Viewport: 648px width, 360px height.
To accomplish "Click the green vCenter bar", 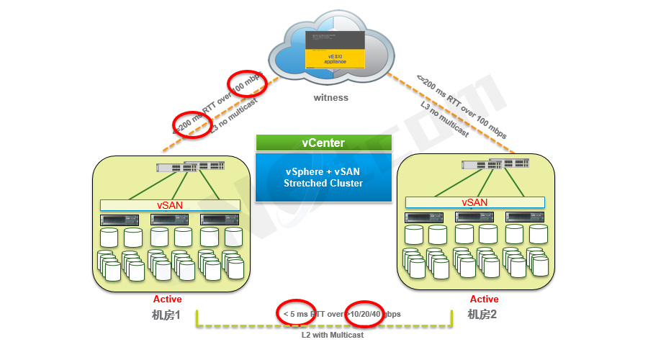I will point(323,143).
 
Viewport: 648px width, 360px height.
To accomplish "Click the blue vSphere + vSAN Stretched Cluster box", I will point(323,177).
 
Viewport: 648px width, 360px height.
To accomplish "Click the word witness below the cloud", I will point(330,97).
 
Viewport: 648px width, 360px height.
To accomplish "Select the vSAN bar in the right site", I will point(474,202).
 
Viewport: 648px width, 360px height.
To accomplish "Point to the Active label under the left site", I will point(168,299).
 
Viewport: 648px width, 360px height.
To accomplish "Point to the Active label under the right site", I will point(484,299).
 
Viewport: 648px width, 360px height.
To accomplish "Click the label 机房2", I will point(482,315).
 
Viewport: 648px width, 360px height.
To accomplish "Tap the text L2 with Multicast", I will point(332,334).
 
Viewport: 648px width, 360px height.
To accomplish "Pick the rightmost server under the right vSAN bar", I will point(519,217).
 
